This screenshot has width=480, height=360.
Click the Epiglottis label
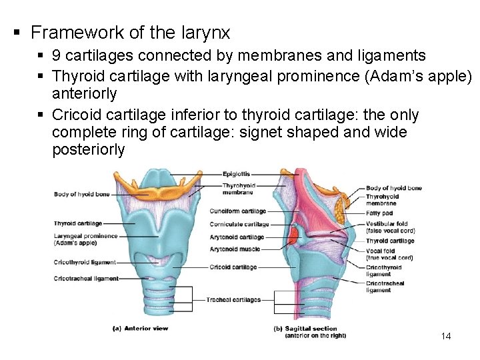point(237,174)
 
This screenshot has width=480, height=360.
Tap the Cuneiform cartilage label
point(238,211)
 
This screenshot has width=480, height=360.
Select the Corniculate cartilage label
point(239,224)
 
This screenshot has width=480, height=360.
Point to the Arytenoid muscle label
point(235,249)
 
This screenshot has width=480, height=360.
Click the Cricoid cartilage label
point(233,267)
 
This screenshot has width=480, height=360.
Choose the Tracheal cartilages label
point(233,300)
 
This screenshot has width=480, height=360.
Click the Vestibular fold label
point(387,224)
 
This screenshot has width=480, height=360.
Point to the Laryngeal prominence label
point(85,236)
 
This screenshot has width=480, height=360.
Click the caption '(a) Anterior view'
point(141,328)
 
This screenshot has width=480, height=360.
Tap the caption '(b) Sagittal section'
point(305,329)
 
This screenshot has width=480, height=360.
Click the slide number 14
point(446,336)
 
